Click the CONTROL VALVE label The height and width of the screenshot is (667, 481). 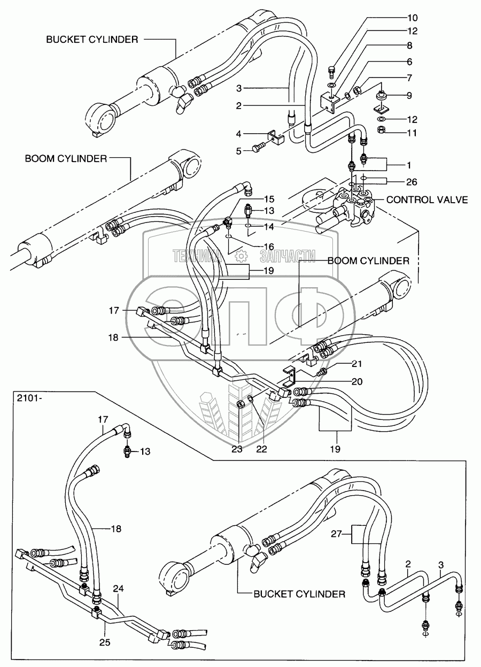(x=427, y=200)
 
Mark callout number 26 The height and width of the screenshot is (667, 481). (x=410, y=182)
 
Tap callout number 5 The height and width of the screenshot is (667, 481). (x=240, y=150)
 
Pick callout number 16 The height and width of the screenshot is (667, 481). (x=268, y=246)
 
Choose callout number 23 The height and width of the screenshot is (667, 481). (x=237, y=449)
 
